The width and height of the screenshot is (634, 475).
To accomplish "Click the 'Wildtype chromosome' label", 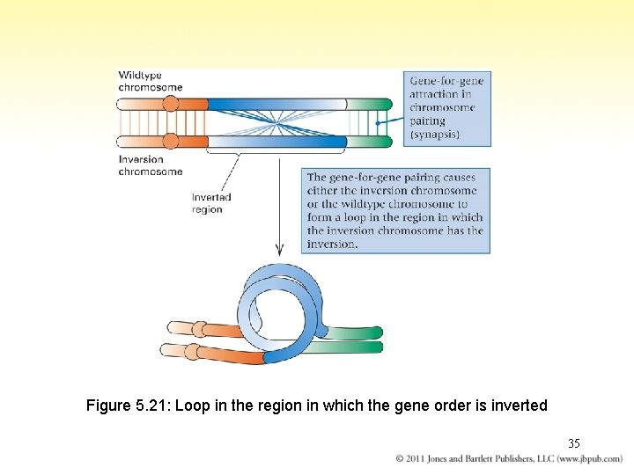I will [151, 81].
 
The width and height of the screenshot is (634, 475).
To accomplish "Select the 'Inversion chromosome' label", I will [151, 165].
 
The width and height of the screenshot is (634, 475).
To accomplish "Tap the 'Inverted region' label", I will [211, 204].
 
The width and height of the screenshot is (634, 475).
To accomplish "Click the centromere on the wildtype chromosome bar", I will [171, 104].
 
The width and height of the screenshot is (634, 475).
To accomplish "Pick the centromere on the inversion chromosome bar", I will [171, 142].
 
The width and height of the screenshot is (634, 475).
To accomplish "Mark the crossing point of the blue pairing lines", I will [277, 122].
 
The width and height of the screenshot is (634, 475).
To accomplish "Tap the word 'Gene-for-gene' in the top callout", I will [446, 81].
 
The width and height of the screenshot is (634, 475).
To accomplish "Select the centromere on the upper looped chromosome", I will [200, 330].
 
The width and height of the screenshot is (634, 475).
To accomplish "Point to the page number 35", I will [573, 443].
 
